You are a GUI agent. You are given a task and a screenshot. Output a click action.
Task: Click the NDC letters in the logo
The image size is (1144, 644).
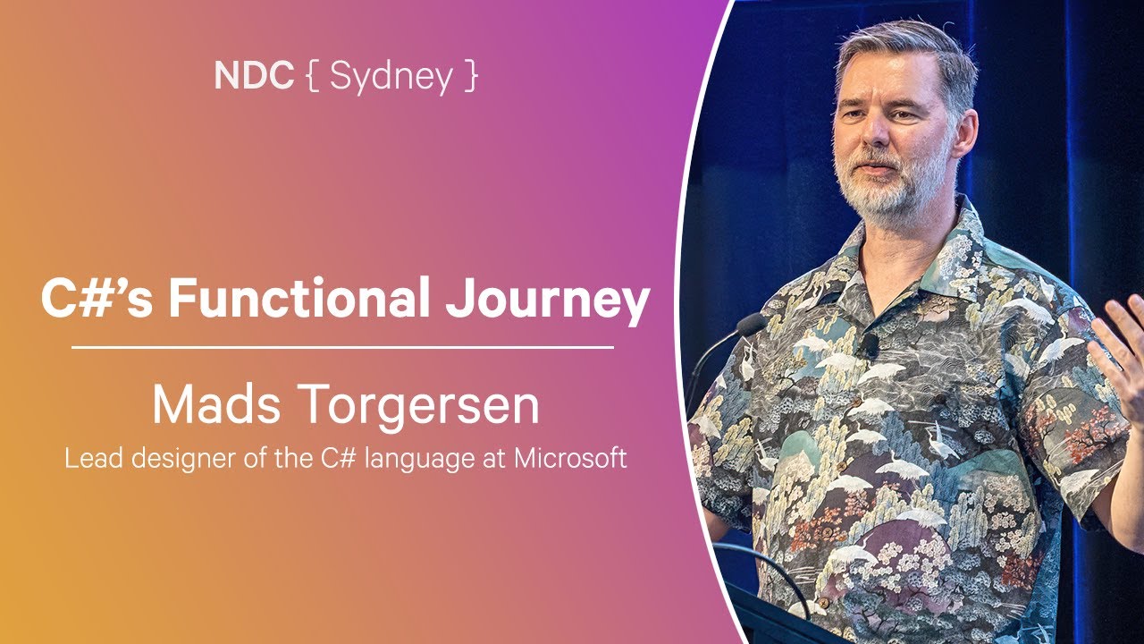point(254,77)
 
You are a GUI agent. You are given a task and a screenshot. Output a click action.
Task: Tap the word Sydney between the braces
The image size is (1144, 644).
point(391,78)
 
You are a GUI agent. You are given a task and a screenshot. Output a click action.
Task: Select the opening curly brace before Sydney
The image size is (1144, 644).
point(312,78)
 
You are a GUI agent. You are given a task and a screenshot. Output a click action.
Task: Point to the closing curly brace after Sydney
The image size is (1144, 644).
point(470,78)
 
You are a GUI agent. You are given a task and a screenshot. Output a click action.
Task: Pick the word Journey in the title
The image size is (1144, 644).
point(547,301)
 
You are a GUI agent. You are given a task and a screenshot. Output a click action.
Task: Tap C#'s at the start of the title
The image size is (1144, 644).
point(97,300)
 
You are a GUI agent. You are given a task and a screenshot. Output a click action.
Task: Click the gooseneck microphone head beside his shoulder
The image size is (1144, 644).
point(751,324)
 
